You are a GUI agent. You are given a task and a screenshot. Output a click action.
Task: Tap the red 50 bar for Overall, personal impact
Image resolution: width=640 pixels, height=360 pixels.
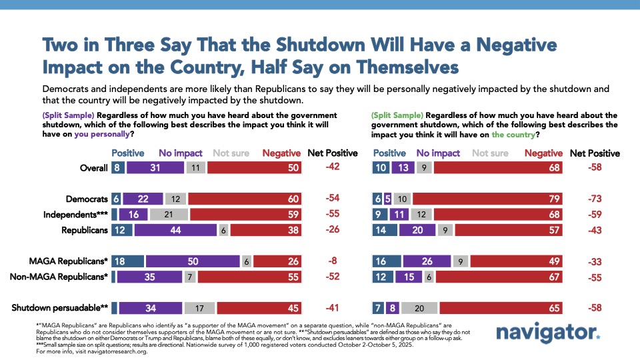coord(255,168)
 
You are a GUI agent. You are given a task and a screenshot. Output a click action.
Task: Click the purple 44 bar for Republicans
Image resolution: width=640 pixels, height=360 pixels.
coord(175,229)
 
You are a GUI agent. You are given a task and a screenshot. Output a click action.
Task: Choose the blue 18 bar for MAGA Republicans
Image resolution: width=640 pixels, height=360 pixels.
coord(128,261)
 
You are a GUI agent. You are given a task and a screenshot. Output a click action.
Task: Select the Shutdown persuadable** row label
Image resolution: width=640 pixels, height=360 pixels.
coord(61,308)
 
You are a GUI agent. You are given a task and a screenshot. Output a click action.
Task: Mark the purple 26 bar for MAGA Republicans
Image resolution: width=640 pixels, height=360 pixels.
coord(426,261)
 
